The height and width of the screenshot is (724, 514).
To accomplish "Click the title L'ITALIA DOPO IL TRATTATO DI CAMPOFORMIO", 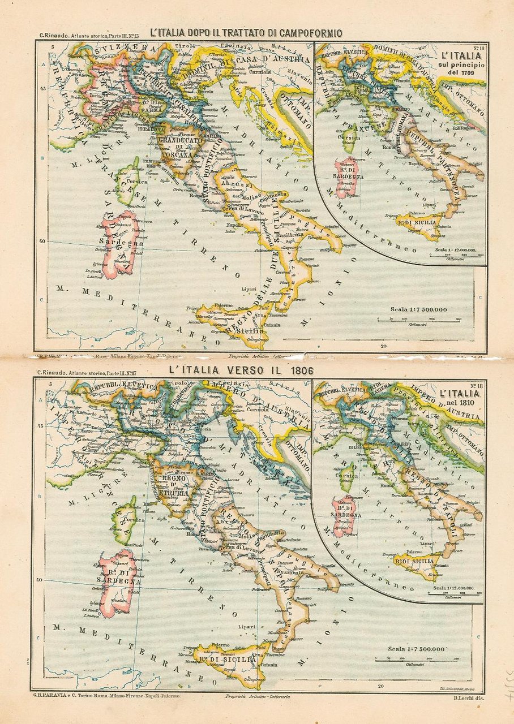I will [x=246, y=33].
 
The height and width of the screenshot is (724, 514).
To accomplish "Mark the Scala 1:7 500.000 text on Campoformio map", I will [x=418, y=309].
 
